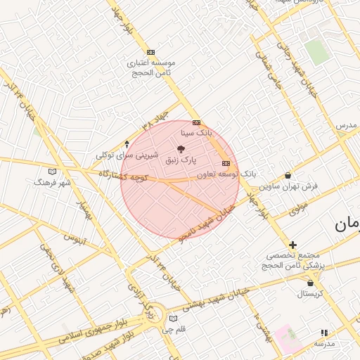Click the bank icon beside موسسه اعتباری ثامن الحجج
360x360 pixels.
pos(150,52)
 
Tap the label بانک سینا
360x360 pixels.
pos(195,132)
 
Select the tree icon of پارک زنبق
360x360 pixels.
pos(182,149)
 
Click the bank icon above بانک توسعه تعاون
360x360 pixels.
pos(225,163)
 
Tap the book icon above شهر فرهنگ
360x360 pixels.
pos(52,172)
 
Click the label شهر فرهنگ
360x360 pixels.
pos(52,182)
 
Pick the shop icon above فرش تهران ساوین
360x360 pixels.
pos(288,176)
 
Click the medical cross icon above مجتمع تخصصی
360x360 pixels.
pos(293,245)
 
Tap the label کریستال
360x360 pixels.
pos(310,294)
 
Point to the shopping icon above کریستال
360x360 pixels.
pos(310,283)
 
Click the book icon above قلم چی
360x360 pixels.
pos(174,319)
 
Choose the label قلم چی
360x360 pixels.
pos(174,329)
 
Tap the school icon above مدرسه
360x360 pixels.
pos(324,333)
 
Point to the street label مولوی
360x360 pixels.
pos(298,207)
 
